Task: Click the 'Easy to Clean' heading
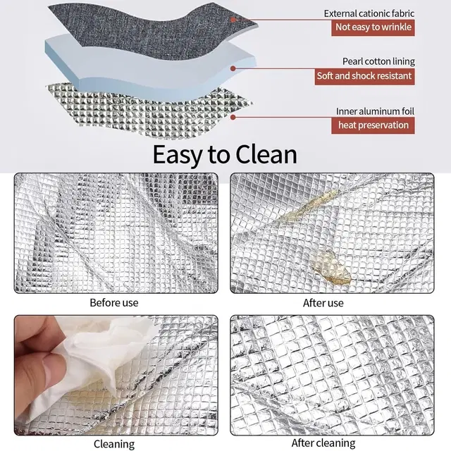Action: (225, 155)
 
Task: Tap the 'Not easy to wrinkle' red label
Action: (373, 27)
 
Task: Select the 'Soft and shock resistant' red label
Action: (365, 77)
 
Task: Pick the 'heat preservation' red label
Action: (373, 125)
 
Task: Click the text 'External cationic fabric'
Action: (369, 13)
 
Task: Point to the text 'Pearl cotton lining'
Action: (378, 61)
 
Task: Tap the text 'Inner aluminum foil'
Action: (375, 111)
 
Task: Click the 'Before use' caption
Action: (114, 303)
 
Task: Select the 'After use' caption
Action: (323, 303)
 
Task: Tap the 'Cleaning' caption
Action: (114, 445)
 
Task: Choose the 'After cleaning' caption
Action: (323, 443)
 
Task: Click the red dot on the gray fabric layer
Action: (233, 20)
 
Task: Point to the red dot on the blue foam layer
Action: (233, 68)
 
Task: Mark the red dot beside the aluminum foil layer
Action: (233, 118)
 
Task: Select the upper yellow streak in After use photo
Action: (308, 206)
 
